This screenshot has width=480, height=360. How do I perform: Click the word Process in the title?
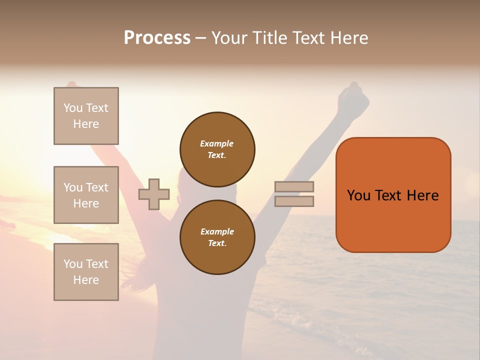157,38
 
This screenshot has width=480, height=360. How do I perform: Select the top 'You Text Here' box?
86,116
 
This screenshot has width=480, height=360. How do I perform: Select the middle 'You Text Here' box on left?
86,195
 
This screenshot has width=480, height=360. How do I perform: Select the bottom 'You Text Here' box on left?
86,272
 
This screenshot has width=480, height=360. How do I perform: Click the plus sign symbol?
154,194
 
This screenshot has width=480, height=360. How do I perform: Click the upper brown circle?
217,149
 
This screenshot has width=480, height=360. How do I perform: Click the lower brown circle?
217,237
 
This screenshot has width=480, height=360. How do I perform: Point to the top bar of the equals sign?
294,187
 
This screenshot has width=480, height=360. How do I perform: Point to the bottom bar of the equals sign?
294,201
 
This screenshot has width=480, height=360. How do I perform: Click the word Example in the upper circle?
216,143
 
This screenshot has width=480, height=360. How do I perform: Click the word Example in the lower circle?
217,231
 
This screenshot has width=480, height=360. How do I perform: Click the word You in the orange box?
358,195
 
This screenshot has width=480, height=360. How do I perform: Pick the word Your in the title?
229,38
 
